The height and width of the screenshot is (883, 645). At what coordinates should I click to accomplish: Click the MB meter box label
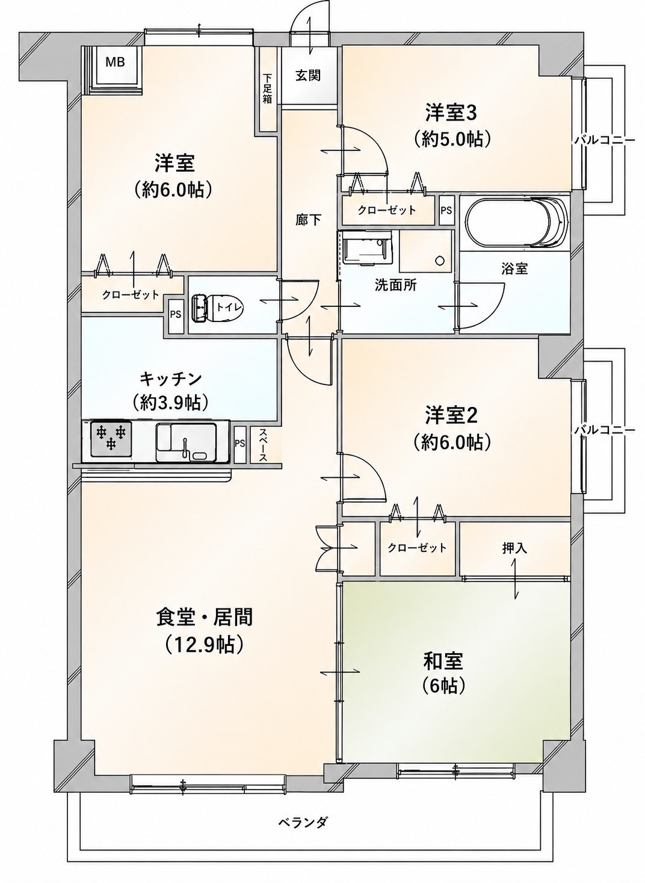pyautogui.click(x=116, y=62)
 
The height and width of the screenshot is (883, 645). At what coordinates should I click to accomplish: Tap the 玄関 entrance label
pyautogui.click(x=308, y=75)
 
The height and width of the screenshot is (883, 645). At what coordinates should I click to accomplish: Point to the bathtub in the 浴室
pyautogui.click(x=517, y=223)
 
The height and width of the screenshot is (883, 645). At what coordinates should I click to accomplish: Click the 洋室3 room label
pyautogui.click(x=451, y=113)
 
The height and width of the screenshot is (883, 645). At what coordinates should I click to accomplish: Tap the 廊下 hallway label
pyautogui.click(x=308, y=220)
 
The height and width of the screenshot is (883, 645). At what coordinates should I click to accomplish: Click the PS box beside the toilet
pyautogui.click(x=176, y=315)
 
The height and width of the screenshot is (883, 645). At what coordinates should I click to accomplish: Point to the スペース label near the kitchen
pyautogui.click(x=263, y=445)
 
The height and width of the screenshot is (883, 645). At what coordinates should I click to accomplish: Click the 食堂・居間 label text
pyautogui.click(x=205, y=617)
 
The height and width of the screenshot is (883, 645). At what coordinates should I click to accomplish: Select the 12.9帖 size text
pyautogui.click(x=204, y=645)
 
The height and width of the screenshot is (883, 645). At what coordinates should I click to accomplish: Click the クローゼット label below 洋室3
pyautogui.click(x=386, y=209)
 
